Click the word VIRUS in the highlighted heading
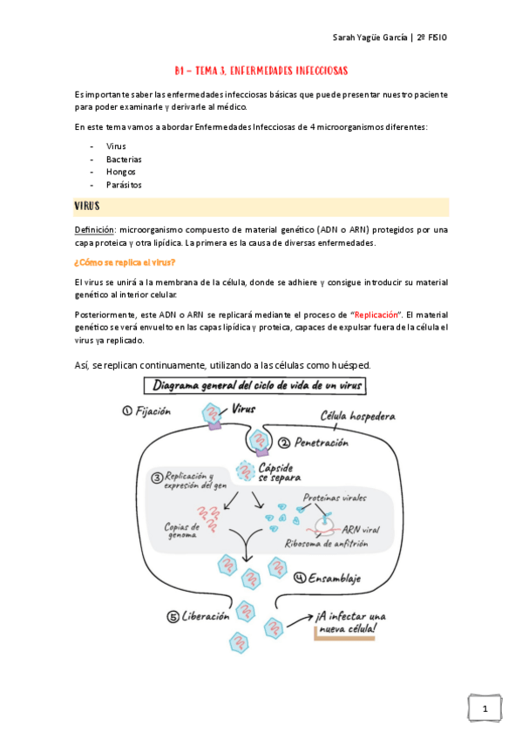pyautogui.click(x=87, y=207)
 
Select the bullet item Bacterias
pyautogui.click(x=124, y=159)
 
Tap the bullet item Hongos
pyautogui.click(x=120, y=172)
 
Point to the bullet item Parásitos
pyautogui.click(x=124, y=185)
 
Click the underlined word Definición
pyautogui.click(x=94, y=230)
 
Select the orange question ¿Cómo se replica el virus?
pyautogui.click(x=125, y=261)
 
